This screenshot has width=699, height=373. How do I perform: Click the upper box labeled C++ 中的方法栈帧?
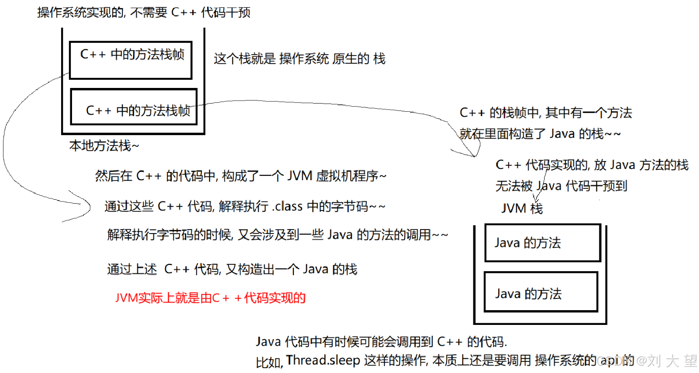point(130,60)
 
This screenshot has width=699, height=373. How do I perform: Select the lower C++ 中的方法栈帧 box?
point(134,107)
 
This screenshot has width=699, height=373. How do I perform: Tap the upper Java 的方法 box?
point(542,243)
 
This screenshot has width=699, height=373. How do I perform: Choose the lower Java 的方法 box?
point(541,292)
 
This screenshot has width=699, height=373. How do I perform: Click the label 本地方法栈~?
point(104,146)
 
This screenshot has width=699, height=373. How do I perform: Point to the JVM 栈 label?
point(522,208)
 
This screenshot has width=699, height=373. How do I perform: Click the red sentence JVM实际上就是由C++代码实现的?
point(210,298)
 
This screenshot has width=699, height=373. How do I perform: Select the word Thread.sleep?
point(323,360)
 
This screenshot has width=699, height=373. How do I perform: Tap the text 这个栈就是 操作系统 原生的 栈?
point(299,58)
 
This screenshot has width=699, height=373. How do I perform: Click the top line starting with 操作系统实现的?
point(144,13)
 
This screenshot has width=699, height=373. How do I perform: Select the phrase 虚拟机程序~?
point(351,176)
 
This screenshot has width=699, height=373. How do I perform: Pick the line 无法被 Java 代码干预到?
point(561,186)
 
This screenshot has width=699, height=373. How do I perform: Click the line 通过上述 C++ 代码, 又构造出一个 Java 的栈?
point(232,269)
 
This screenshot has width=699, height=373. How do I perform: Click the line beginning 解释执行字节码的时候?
point(277,235)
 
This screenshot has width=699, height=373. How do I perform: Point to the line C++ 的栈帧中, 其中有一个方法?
point(545,113)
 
